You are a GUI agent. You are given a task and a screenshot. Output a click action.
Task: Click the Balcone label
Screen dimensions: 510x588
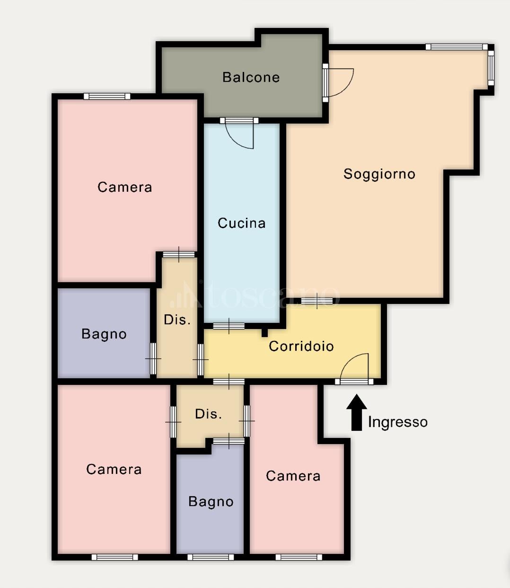point(251,77)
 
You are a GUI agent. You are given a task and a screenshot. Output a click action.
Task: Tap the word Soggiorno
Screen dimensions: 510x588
point(379,174)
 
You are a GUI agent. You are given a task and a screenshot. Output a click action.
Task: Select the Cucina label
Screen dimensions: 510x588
point(241,223)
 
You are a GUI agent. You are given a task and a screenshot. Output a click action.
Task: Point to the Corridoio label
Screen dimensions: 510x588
point(301,346)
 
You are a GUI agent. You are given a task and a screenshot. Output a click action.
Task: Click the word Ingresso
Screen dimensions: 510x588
point(398,422)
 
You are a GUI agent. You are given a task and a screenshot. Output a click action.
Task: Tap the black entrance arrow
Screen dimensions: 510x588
point(357,412)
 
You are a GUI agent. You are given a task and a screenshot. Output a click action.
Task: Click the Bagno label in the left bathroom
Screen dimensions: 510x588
point(104,334)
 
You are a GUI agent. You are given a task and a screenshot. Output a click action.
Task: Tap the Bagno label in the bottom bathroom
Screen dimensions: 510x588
point(211,502)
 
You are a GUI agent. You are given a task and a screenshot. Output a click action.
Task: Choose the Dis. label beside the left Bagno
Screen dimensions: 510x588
point(177,320)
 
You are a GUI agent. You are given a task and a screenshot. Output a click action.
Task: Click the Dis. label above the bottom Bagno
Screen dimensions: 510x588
point(208,414)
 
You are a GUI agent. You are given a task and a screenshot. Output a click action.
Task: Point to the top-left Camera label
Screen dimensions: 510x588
point(124,187)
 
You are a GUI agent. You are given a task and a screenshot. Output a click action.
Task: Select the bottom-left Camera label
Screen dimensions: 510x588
point(114,469)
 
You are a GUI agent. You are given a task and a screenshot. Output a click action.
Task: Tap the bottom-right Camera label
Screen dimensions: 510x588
point(293,476)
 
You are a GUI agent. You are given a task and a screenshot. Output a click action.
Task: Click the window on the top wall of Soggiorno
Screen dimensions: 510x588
point(457,47)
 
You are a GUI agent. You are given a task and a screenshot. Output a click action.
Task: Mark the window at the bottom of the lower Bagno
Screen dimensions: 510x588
point(211,557)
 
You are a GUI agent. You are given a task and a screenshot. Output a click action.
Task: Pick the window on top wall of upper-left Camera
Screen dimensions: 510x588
point(107,96)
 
